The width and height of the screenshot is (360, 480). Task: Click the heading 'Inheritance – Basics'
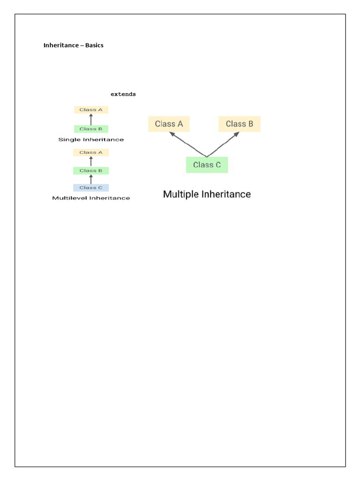pos(73,45)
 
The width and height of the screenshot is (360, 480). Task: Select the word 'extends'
pos(123,94)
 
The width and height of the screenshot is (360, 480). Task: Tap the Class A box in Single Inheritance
pos(91,110)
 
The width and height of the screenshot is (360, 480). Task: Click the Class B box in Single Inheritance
pos(91,129)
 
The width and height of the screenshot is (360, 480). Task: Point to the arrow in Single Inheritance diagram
pos(91,120)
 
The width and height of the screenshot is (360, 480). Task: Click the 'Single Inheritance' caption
pos(91,140)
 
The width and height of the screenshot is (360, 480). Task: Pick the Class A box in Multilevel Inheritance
pos(91,152)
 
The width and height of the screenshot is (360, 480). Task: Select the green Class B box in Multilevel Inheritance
pos(91,171)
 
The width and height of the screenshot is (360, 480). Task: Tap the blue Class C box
pos(91,187)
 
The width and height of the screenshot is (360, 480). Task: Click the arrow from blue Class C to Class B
pos(91,179)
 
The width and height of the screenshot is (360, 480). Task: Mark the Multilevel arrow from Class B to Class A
pos(91,162)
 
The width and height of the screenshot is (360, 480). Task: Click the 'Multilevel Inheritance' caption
pos(91,198)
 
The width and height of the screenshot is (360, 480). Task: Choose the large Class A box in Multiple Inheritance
pos(169,124)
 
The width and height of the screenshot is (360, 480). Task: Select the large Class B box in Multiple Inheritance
pos(239,124)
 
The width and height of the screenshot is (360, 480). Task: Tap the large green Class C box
pos(207,165)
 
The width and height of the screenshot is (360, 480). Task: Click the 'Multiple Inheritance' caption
pos(207,194)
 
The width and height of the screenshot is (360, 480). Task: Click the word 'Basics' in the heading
pos(94,45)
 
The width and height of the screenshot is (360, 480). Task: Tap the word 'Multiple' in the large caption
pos(181,194)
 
